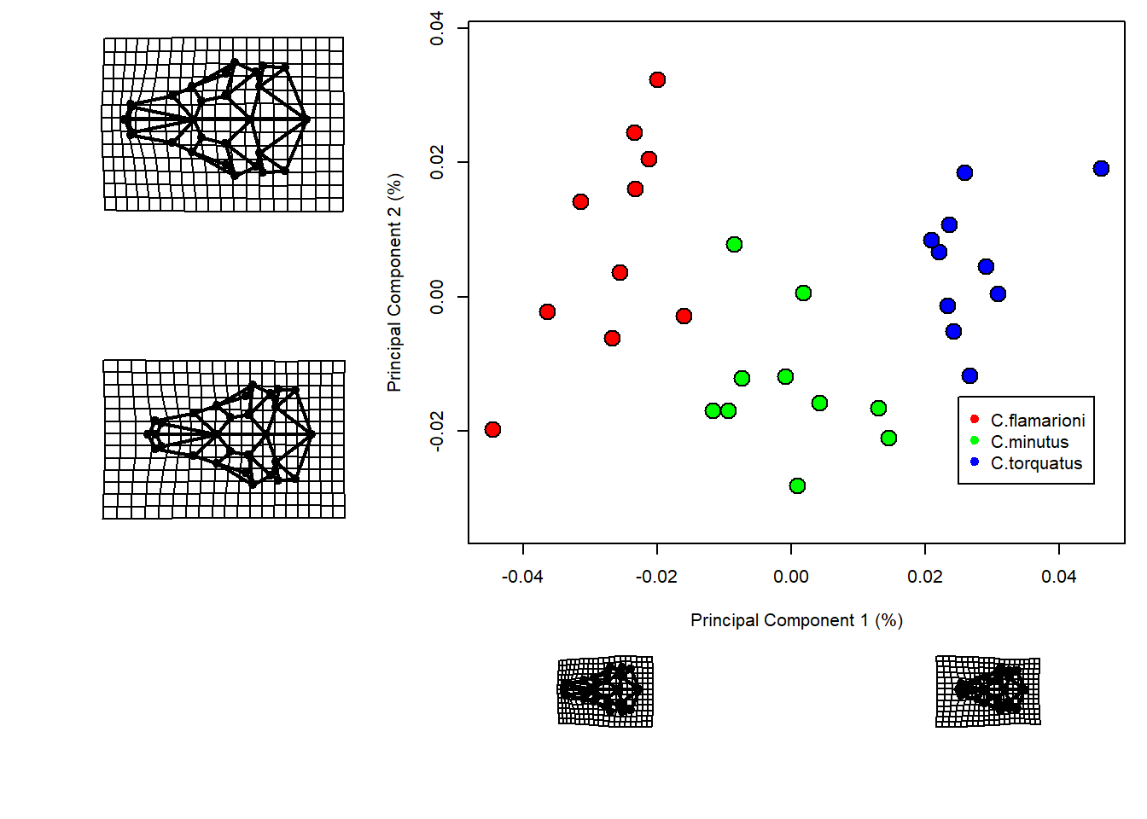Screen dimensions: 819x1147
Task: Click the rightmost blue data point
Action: (1101, 169)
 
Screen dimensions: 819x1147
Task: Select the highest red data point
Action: (657, 80)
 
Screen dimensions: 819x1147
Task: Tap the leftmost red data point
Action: (492, 429)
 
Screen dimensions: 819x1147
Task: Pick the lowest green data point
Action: (797, 486)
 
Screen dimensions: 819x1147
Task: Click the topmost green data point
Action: (734, 245)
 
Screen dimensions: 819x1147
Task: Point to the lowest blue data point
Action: (969, 376)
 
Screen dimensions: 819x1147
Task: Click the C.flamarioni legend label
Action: (1038, 421)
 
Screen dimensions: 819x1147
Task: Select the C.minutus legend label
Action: (1029, 442)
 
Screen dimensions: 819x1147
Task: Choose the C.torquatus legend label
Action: (1036, 463)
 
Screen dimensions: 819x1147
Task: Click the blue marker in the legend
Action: (975, 462)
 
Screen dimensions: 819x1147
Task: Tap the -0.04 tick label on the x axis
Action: (522, 577)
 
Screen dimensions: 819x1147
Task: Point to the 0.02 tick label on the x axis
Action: (925, 577)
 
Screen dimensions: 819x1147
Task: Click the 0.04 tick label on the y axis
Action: (437, 28)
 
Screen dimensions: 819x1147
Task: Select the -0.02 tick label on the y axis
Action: (437, 431)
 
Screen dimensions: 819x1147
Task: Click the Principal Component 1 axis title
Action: (796, 620)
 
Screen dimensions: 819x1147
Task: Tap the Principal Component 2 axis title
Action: (394, 282)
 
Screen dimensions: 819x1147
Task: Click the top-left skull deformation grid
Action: (224, 124)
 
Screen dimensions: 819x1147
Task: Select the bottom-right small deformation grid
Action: (988, 691)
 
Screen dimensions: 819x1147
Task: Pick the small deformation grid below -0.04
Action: (605, 691)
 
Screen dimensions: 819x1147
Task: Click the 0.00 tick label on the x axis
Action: (791, 577)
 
